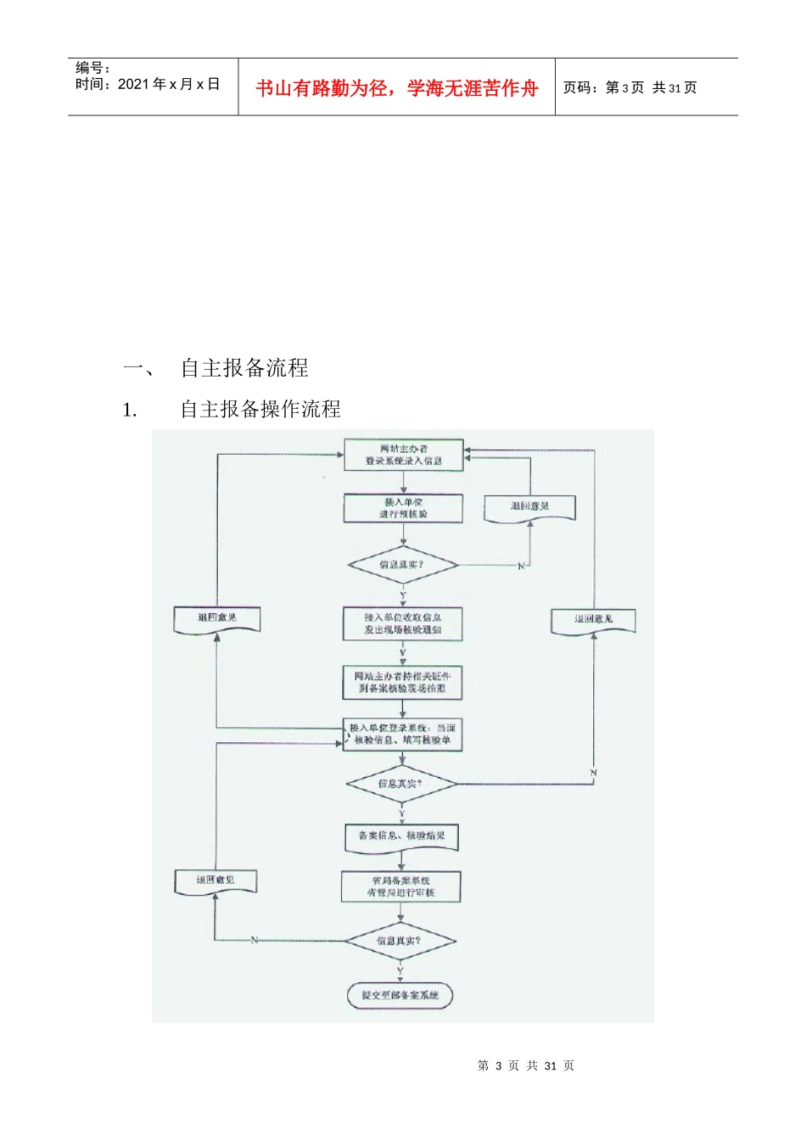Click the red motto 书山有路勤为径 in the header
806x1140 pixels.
[397, 88]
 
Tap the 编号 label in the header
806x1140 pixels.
[92, 68]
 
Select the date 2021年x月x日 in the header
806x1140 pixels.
[168, 84]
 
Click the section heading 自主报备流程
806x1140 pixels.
[244, 367]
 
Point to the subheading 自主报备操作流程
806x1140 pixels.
[260, 409]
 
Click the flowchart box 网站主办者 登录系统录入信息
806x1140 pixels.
[403, 455]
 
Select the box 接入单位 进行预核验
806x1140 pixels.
[403, 508]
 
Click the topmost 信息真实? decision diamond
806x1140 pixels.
[402, 565]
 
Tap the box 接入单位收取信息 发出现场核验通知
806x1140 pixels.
[402, 623]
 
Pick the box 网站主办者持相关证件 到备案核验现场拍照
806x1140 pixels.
[402, 682]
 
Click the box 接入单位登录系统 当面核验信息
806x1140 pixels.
[402, 735]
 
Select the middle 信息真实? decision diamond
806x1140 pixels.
[401, 784]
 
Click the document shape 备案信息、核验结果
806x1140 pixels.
[401, 836]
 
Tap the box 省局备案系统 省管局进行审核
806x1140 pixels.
[400, 886]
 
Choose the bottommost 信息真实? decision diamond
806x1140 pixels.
[400, 941]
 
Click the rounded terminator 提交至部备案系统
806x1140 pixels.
[400, 995]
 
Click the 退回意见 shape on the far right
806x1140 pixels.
[593, 620]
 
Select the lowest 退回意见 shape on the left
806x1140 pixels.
[215, 881]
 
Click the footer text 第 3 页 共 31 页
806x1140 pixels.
[525, 1065]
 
